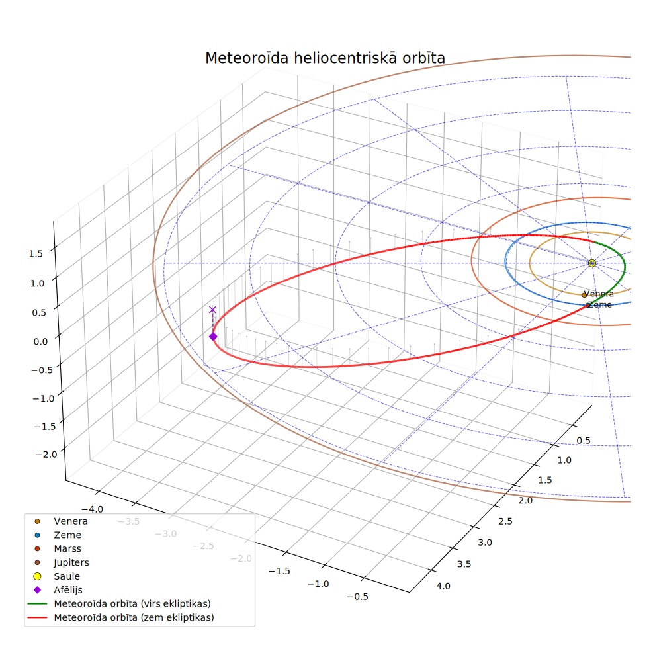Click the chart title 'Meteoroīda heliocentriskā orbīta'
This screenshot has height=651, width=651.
pos(325,58)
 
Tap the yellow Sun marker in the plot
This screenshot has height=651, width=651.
pos(592,263)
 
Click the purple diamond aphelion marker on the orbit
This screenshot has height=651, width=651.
pos(213,336)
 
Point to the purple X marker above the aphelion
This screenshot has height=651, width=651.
pos(212,310)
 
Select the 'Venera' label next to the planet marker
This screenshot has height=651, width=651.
pos(599,294)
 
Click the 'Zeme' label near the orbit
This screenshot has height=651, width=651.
pos(600,305)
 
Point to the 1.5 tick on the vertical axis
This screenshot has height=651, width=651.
pos(36,253)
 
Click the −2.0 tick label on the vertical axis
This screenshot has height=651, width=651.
pos(46,455)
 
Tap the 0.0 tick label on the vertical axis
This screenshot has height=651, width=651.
pos(41,341)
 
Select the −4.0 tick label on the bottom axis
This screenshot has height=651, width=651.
pos(92,509)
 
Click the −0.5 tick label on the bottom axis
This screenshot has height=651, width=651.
pos(357,597)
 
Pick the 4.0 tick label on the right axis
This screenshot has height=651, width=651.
pos(443,586)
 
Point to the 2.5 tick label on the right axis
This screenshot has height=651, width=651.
pos(505,521)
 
